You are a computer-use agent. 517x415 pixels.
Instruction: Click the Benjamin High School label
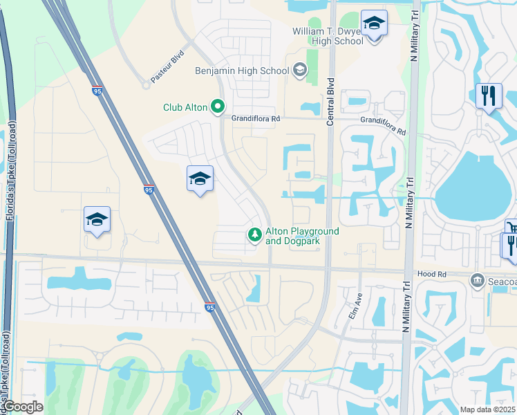click(243, 71)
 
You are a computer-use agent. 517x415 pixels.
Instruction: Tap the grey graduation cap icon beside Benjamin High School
click(300, 69)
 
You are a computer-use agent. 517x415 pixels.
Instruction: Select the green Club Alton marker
click(218, 107)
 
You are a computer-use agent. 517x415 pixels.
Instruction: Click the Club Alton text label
click(185, 107)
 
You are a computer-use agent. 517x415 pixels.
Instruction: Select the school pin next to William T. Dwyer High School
click(374, 25)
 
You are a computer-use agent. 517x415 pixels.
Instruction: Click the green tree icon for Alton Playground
click(255, 236)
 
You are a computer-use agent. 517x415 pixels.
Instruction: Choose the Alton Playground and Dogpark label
click(302, 236)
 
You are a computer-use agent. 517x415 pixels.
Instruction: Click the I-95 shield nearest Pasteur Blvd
click(97, 90)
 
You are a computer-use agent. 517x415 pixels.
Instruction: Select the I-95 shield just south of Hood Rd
click(210, 307)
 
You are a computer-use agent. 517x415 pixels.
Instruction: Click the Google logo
click(23, 407)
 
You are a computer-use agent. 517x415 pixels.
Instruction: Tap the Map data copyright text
click(488, 409)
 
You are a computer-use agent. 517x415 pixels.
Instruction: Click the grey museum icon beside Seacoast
click(477, 280)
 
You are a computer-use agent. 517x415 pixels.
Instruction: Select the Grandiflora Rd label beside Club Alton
click(256, 119)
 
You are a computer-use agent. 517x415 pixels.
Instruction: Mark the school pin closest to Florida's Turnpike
click(97, 220)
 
